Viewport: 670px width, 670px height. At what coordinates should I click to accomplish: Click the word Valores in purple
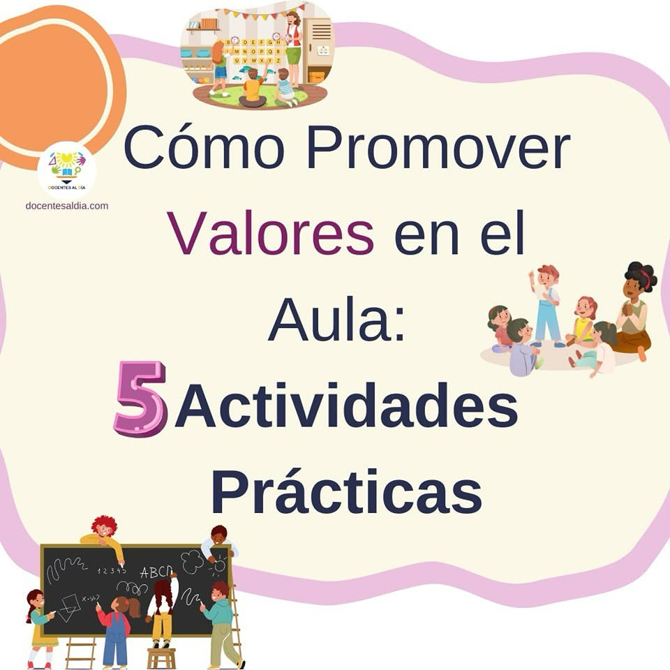pyautogui.click(x=271, y=232)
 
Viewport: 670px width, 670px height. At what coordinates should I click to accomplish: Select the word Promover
pyautogui.click(x=438, y=147)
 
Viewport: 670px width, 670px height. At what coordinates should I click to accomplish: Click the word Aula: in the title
pyautogui.click(x=336, y=319)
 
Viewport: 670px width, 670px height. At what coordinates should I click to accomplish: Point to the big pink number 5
pyautogui.click(x=140, y=399)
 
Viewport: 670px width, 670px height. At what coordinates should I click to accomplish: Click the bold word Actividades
pyautogui.click(x=347, y=405)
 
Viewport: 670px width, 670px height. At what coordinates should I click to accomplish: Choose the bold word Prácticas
pyautogui.click(x=347, y=491)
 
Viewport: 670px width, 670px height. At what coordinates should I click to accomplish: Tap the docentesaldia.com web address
pyautogui.click(x=67, y=206)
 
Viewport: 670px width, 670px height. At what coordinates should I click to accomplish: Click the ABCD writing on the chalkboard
pyautogui.click(x=156, y=572)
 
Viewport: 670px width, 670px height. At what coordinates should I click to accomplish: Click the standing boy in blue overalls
pyautogui.click(x=545, y=305)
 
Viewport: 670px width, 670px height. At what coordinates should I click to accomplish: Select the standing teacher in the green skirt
pyautogui.click(x=293, y=47)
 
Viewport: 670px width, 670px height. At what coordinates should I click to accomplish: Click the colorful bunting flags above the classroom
pyautogui.click(x=260, y=13)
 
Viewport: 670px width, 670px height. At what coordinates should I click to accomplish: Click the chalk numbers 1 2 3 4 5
pyautogui.click(x=112, y=570)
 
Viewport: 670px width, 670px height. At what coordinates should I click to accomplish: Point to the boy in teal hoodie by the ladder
pyautogui.click(x=221, y=624)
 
